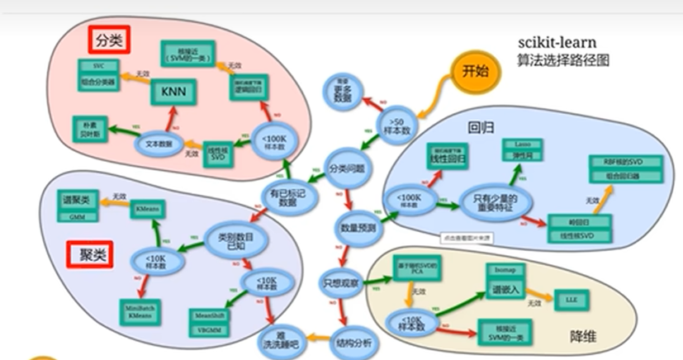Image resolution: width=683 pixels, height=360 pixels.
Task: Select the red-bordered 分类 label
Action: tap(108, 40)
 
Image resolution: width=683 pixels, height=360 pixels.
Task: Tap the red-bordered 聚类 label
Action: tap(88, 255)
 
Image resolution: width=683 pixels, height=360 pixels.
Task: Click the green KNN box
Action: tap(173, 89)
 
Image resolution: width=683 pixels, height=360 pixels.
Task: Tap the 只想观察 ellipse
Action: tap(341, 283)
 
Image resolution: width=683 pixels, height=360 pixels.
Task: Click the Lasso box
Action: tap(521, 144)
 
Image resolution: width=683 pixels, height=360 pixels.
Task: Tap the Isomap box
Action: tap(505, 270)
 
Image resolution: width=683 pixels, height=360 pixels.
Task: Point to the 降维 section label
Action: tap(586, 336)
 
